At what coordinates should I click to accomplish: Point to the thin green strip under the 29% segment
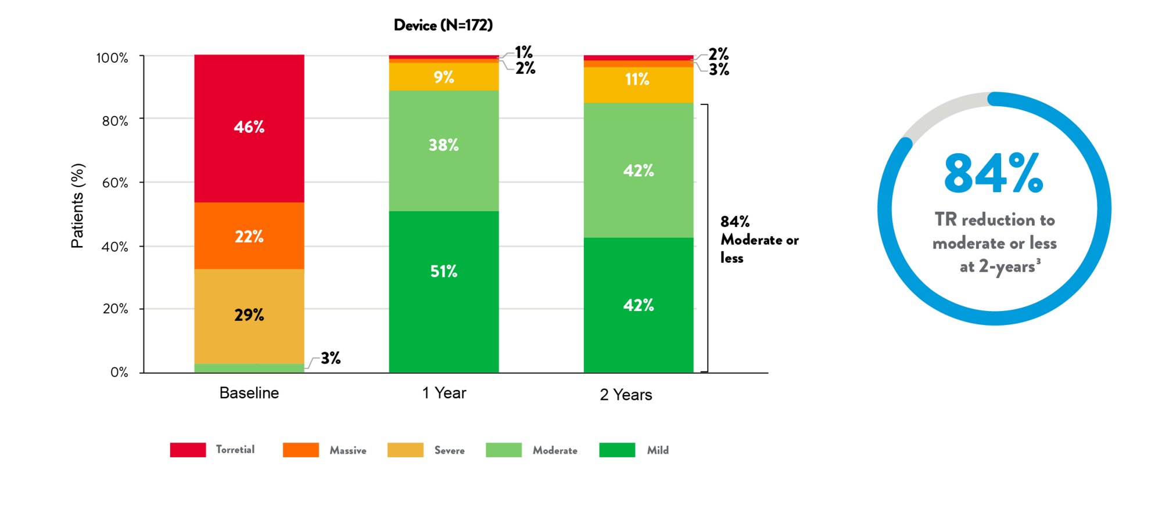(x=249, y=368)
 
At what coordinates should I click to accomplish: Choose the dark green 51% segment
(x=444, y=290)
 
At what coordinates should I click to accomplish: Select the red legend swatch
(x=188, y=450)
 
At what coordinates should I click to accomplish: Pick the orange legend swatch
(x=300, y=450)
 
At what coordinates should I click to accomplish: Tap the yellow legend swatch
(x=405, y=450)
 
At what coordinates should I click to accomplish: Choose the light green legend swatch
(x=503, y=450)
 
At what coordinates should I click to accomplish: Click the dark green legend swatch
(x=617, y=450)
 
